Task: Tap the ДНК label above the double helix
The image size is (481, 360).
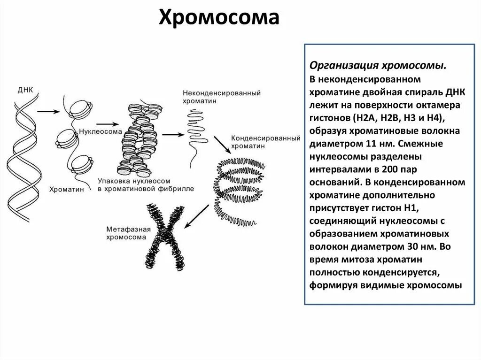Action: [25, 90]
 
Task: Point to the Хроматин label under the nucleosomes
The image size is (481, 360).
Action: [63, 189]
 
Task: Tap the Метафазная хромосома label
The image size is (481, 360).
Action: [128, 233]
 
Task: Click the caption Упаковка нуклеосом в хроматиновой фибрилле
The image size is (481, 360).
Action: [146, 184]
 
